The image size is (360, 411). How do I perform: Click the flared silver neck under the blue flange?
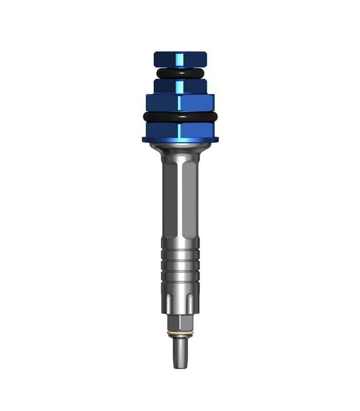(x=180, y=150)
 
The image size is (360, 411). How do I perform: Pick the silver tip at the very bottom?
(x=180, y=354)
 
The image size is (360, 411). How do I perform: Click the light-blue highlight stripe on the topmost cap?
(x=181, y=59)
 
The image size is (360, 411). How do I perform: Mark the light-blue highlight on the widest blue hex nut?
(x=179, y=102)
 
